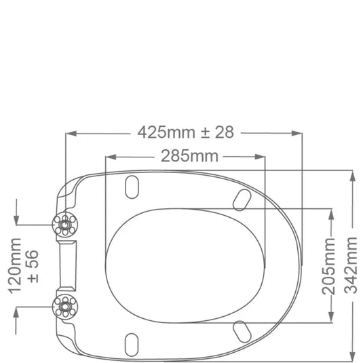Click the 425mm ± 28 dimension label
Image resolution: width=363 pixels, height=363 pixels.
click(186, 132)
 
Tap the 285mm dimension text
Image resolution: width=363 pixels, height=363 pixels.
click(189, 156)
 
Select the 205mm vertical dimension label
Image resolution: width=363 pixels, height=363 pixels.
click(329, 266)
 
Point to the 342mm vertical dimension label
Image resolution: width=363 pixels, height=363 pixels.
click(351, 265)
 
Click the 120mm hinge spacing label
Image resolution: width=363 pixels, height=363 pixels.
click(15, 266)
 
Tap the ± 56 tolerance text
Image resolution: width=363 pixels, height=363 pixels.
click(33, 266)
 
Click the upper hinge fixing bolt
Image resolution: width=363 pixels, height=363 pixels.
click(65, 225)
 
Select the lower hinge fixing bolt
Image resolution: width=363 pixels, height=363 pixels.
click(65, 307)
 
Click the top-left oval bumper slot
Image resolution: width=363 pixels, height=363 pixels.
click(132, 187)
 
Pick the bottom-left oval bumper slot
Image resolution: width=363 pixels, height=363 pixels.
click(132, 345)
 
